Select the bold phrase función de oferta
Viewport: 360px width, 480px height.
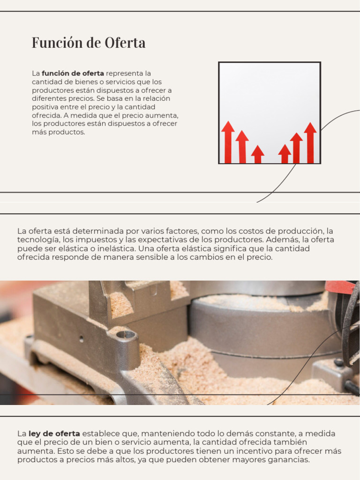[x=73, y=74]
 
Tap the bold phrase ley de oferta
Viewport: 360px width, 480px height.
[x=54, y=434]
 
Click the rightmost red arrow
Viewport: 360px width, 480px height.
[x=310, y=142]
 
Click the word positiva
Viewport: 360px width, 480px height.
[x=46, y=107]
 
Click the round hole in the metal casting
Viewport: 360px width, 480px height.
[x=125, y=335]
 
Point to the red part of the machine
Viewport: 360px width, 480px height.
[x=340, y=287]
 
